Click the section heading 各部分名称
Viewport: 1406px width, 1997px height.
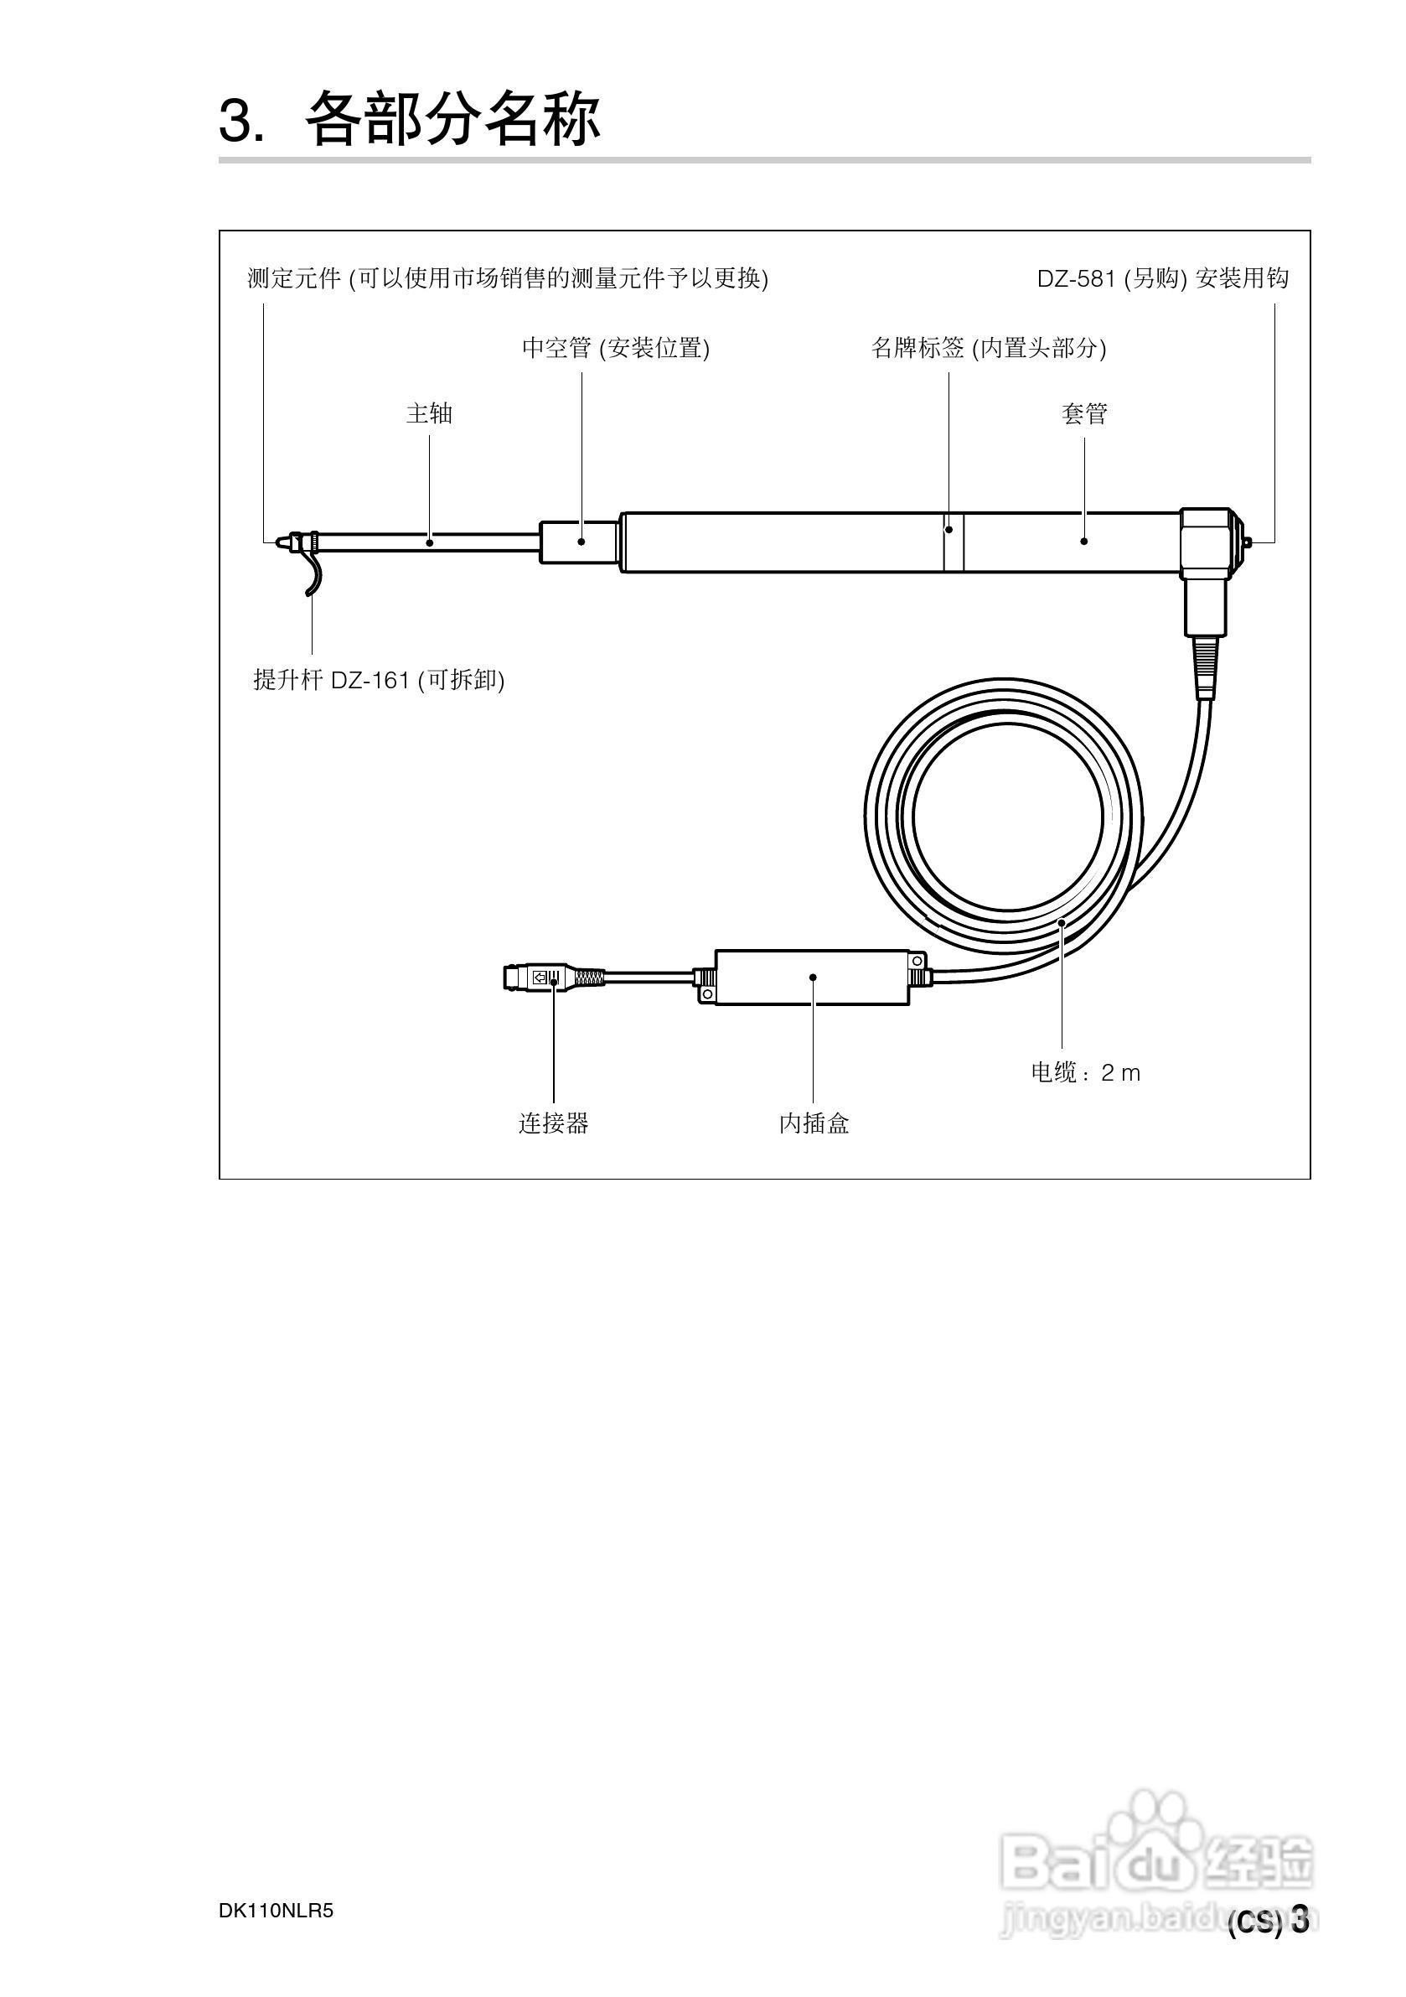coord(452,118)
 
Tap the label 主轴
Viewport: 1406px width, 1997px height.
coord(430,413)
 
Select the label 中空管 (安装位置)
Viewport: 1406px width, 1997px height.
coord(616,348)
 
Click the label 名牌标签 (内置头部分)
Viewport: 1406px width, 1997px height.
coord(989,348)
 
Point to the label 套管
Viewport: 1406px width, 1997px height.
coord(1084,413)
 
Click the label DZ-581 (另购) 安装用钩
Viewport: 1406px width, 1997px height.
coord(1162,278)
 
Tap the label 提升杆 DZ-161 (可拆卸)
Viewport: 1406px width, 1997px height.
coord(379,679)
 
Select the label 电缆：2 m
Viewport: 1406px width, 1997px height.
coord(1085,1072)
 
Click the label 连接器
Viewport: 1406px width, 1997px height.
coord(554,1123)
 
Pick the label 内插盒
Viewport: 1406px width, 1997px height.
coord(814,1123)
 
